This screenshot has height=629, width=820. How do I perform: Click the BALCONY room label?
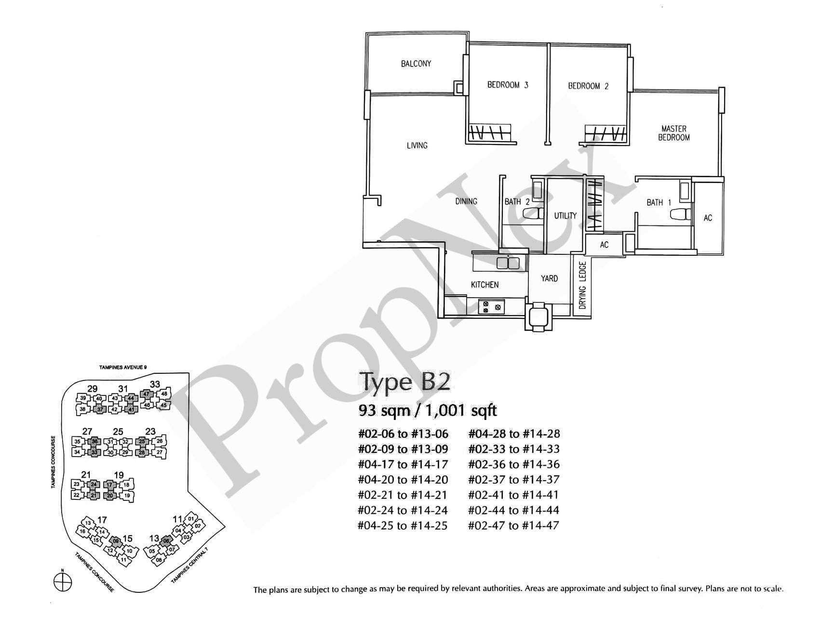click(x=416, y=64)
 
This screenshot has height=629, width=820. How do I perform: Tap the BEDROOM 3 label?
click(x=508, y=85)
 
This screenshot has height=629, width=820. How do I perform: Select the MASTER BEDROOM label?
click(x=674, y=133)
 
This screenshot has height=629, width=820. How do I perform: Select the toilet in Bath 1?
click(x=680, y=215)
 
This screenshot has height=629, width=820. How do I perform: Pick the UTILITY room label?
click(x=565, y=216)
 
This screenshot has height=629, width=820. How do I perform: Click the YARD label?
click(x=549, y=278)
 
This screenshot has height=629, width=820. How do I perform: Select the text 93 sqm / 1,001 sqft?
click(x=428, y=410)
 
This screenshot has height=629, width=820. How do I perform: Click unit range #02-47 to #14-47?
click(x=513, y=525)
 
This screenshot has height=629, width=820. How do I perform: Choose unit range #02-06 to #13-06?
click(x=403, y=434)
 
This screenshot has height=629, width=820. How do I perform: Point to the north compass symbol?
click(x=62, y=580)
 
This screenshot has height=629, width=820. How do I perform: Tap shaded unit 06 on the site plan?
click(x=166, y=540)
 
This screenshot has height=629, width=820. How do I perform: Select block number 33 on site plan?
click(x=155, y=384)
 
